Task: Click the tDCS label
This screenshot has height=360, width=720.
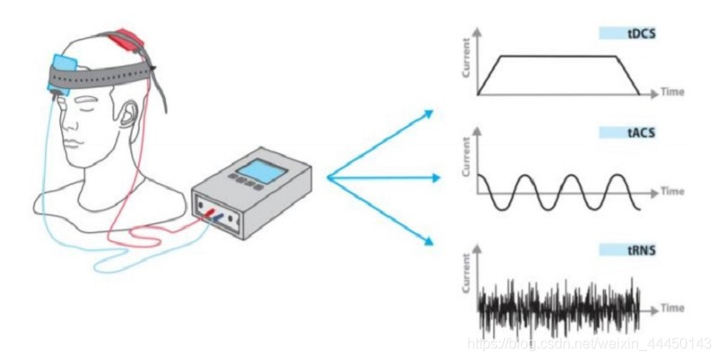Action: pyautogui.click(x=640, y=33)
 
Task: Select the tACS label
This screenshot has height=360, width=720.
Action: pyautogui.click(x=640, y=131)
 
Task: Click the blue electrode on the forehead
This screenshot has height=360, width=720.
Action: pyautogui.click(x=66, y=66)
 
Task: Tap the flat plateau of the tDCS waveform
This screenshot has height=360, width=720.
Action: pyautogui.click(x=558, y=56)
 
